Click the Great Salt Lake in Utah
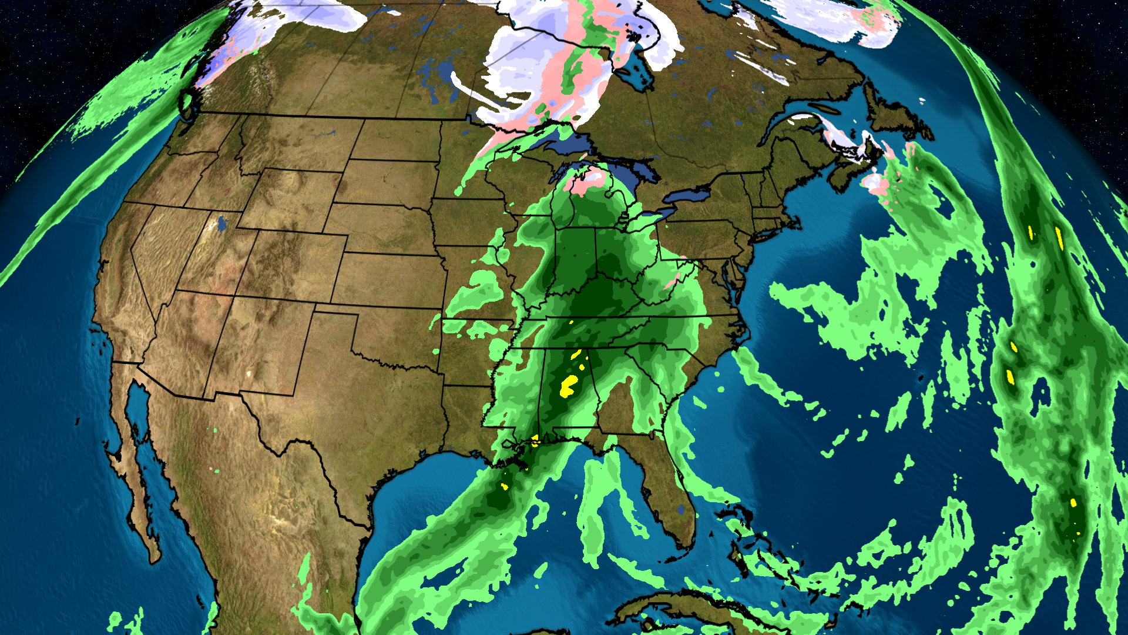[223, 224]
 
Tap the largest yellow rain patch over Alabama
[569, 386]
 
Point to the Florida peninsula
[670, 494]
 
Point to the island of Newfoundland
[899, 115]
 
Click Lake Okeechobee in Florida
[681, 509]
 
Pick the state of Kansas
[388, 279]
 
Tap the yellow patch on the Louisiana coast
[533, 440]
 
